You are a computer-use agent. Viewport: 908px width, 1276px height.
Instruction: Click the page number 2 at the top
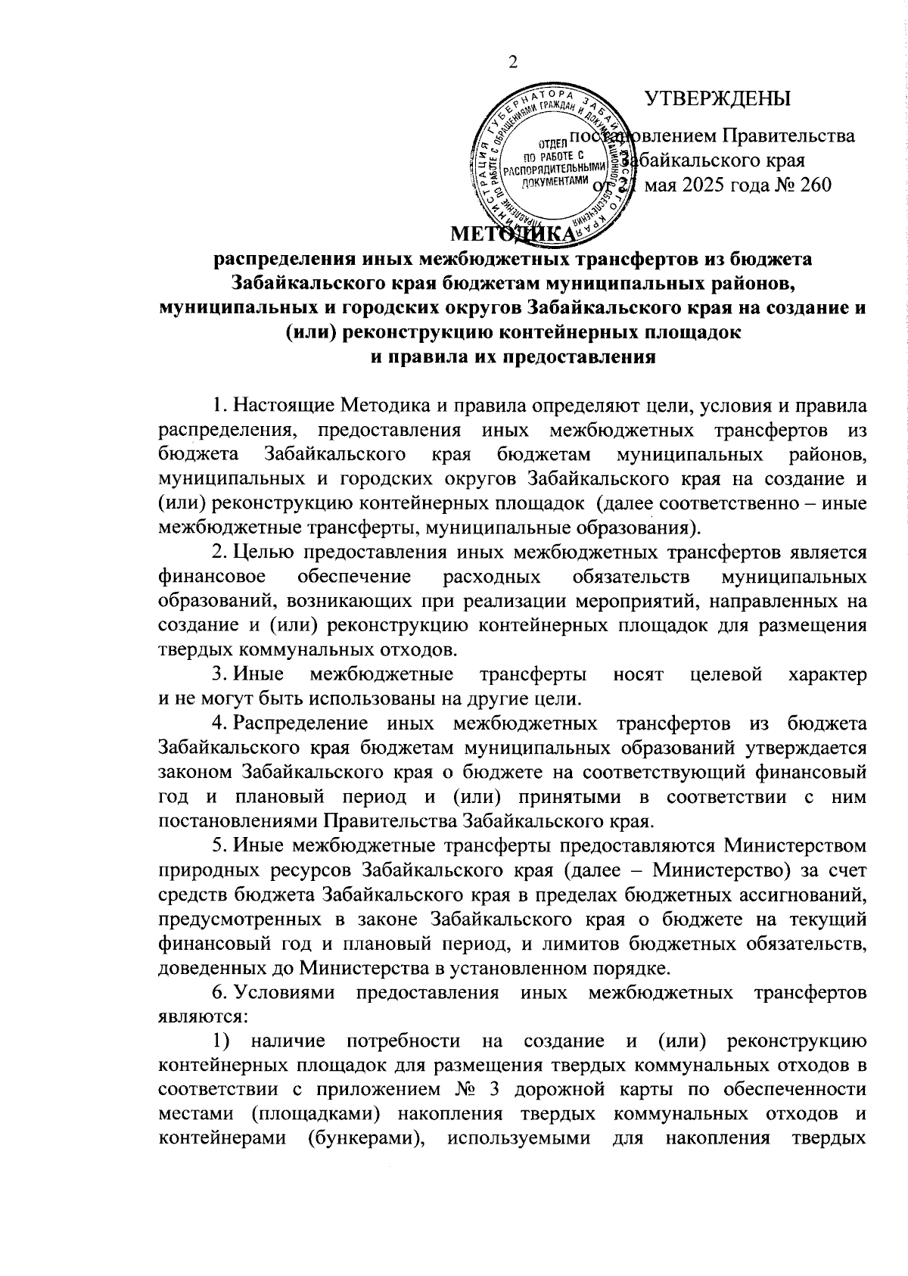(512, 63)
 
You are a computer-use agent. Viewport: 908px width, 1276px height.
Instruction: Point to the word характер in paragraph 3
(827, 674)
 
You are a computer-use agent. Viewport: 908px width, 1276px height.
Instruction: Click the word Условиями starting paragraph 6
(285, 991)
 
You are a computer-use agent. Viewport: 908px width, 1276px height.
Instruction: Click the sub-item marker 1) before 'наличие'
(222, 1041)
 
